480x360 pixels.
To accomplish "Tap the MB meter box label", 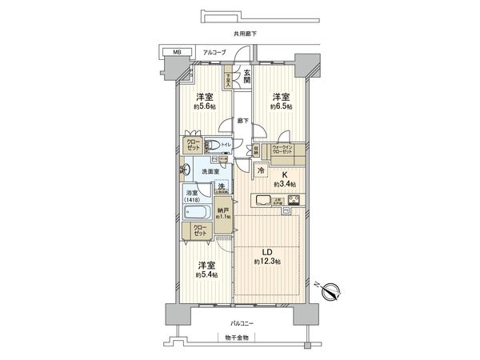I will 177,54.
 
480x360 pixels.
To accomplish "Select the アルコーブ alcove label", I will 214,53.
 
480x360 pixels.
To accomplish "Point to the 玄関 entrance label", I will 247,76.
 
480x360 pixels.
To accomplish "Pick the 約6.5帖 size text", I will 281,106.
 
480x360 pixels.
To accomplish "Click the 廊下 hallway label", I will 242,121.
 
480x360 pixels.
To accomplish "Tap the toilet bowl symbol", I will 212,146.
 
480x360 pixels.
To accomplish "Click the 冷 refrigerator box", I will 262,170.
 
